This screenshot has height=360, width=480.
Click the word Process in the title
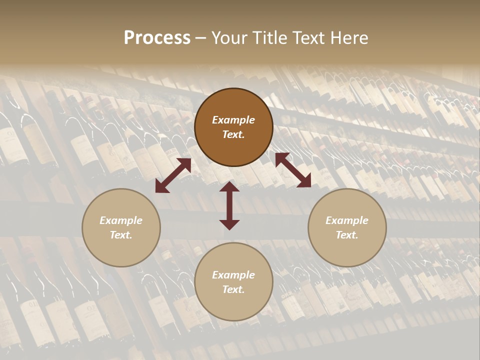point(157,38)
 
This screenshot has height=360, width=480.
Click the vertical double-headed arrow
point(229,205)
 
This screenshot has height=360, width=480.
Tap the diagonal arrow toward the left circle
point(173,175)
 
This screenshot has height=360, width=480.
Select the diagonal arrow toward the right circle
point(293,170)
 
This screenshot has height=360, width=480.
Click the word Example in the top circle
point(233,120)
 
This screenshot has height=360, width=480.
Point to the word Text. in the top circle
point(233,134)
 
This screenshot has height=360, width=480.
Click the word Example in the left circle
point(121,220)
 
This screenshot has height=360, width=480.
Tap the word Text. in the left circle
point(121,235)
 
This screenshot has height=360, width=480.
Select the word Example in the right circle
point(347,220)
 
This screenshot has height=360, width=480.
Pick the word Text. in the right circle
point(347,235)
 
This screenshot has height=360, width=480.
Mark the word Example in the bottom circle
point(233,275)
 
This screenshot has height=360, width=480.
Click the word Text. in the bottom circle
point(233,289)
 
